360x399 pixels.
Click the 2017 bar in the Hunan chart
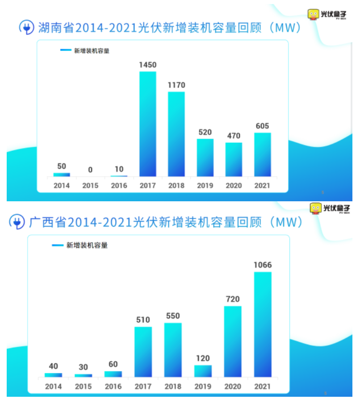pos(148,124)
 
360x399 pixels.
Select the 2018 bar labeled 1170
pos(176,134)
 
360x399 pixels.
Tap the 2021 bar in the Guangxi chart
pos(263,324)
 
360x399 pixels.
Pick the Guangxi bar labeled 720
pos(233,341)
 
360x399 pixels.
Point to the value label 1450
pos(148,65)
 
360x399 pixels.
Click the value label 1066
pos(263,265)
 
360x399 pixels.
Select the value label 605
pos(262,126)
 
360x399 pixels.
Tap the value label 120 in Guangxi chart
pos(202,358)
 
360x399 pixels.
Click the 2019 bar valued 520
pos(205,157)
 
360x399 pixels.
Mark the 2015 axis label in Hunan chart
pos(90,186)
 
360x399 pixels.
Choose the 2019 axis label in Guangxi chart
pos(202,387)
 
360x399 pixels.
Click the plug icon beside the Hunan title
pos(26,28)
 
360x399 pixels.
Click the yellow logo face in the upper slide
pos(314,14)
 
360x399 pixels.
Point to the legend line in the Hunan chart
pos(66,50)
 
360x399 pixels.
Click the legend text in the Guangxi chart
pos(87,245)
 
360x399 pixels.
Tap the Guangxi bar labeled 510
pos(143,352)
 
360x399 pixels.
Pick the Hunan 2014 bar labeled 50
pos(62,175)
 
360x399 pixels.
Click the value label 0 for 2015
pos(90,170)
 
